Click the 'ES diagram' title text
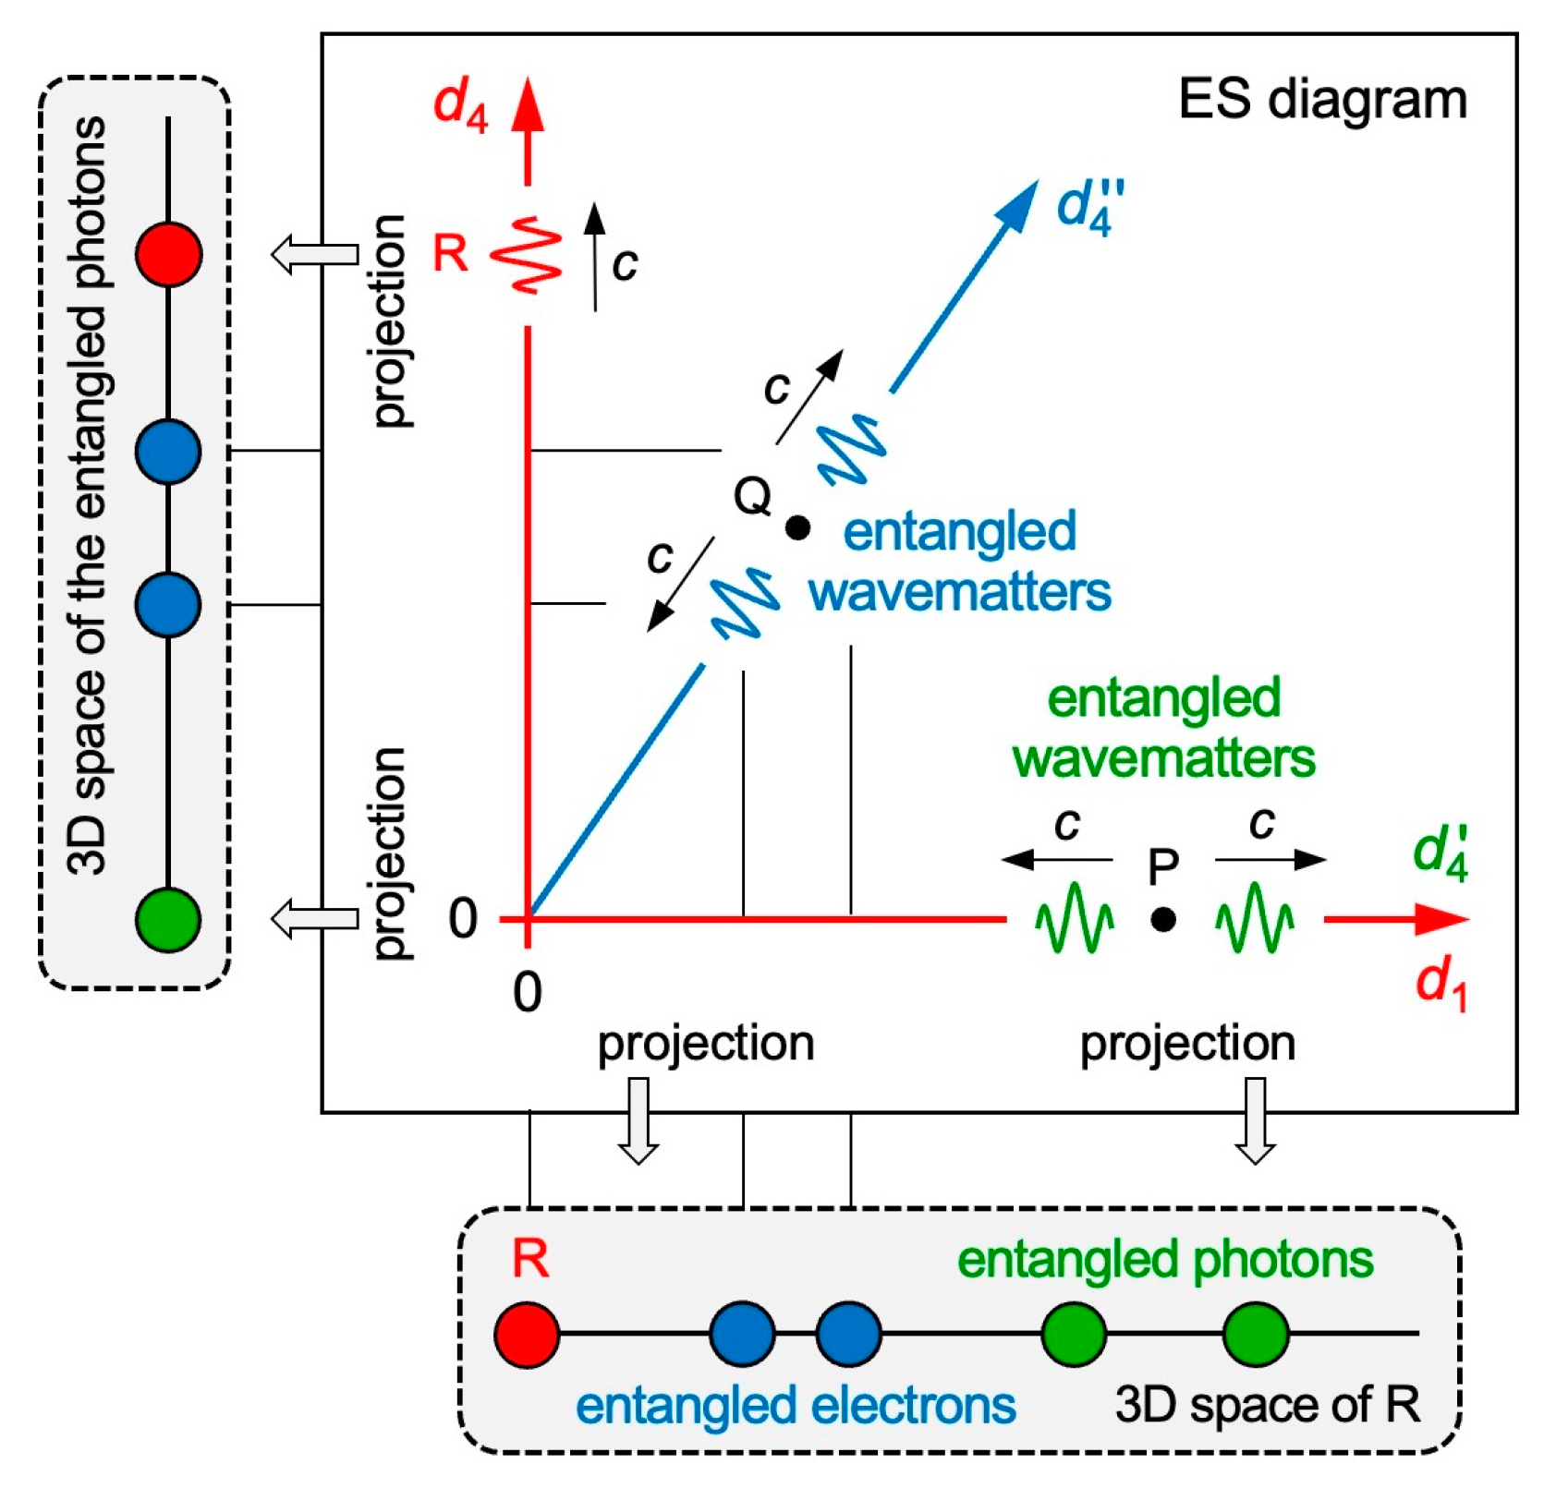[1322, 100]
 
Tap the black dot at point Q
[797, 527]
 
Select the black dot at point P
[1163, 919]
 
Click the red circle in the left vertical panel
[168, 253]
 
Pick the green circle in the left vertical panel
[168, 919]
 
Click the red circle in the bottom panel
[527, 1335]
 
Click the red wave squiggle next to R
[527, 255]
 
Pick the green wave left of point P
[1074, 919]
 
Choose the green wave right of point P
[1254, 919]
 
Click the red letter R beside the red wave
[451, 253]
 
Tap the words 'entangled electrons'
[796, 1406]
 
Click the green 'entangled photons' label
[1164, 1260]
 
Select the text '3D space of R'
[1267, 1406]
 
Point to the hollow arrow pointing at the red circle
[314, 254]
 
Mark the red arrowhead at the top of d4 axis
[528, 104]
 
